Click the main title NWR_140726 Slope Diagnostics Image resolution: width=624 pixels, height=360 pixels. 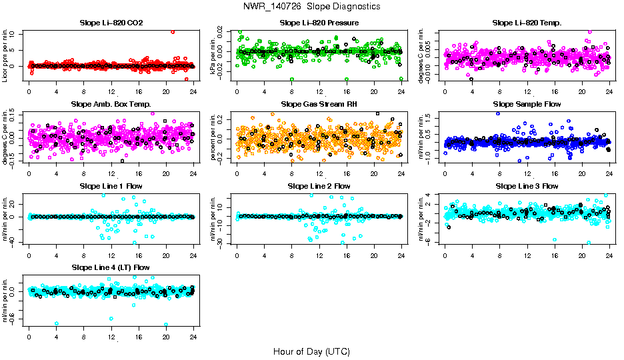point(312,6)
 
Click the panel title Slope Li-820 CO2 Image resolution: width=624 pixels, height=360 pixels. point(111,23)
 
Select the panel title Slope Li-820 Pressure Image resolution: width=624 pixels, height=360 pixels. point(319,23)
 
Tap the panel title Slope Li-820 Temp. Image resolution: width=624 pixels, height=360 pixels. point(527,23)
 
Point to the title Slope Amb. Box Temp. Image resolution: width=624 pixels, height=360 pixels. point(111,104)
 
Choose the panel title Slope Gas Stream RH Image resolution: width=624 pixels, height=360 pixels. point(319,104)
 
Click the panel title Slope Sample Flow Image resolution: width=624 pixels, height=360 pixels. point(527,104)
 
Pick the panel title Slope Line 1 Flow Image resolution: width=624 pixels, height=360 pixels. point(111,185)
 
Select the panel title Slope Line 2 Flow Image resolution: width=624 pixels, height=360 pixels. point(319,185)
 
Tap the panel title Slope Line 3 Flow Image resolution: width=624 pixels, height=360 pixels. point(527,185)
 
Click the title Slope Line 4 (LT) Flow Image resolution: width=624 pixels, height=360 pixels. point(111,267)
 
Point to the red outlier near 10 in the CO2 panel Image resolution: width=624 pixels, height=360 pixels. point(173,32)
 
